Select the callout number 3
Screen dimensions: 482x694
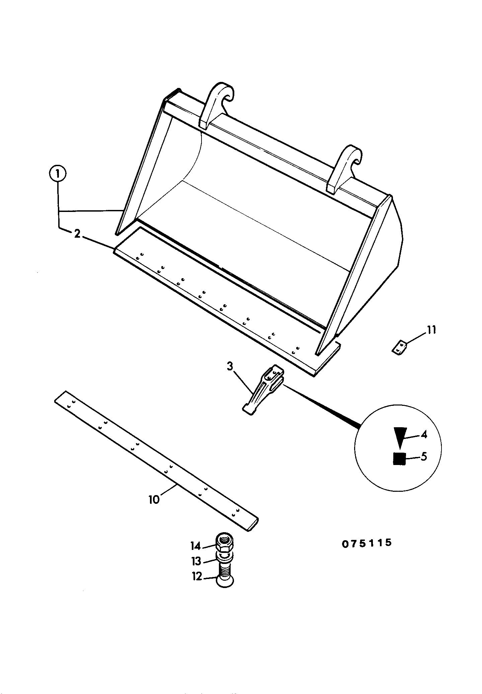pos(230,366)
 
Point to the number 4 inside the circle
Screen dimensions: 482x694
pos(424,435)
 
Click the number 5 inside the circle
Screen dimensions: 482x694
pos(424,456)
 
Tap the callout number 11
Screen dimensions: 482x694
pos(431,330)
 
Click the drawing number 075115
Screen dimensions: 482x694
pos(367,543)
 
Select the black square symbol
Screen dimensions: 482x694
pos(399,459)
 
